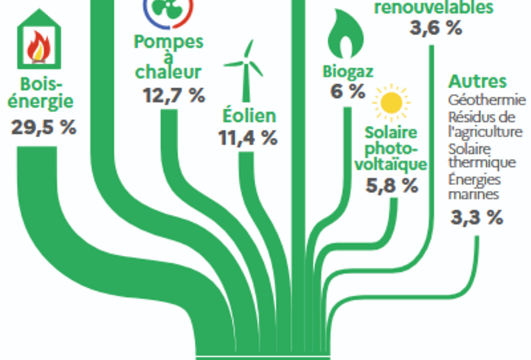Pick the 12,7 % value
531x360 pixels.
[174, 95]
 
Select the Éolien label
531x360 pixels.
[249, 116]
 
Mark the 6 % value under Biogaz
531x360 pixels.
[347, 92]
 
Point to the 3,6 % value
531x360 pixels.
[435, 30]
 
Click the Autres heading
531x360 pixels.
[476, 81]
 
